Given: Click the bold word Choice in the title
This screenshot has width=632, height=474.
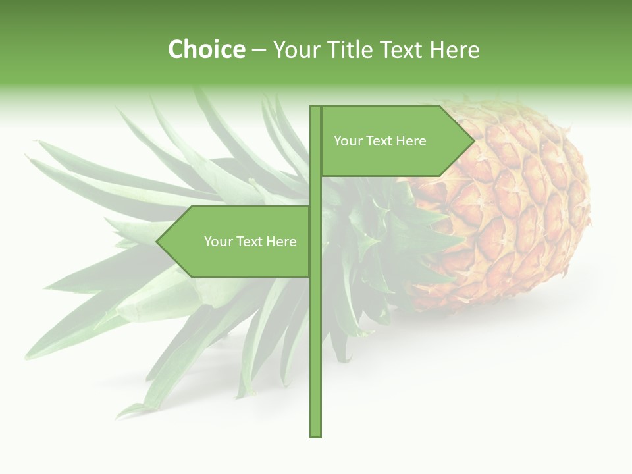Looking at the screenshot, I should coord(206,50).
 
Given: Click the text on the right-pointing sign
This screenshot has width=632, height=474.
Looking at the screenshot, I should coord(380,141).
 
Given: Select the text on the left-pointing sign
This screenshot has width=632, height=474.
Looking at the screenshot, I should coord(250,242).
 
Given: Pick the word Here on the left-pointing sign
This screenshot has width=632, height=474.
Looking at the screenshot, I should coord(281,242).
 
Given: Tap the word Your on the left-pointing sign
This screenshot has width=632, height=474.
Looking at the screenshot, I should coord(218,242).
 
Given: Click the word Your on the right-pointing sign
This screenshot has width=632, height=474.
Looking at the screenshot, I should coord(348,141).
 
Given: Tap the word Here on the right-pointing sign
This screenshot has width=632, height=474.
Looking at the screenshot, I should coord(411,141).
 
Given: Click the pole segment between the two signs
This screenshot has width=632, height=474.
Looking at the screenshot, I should coord(315,192).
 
